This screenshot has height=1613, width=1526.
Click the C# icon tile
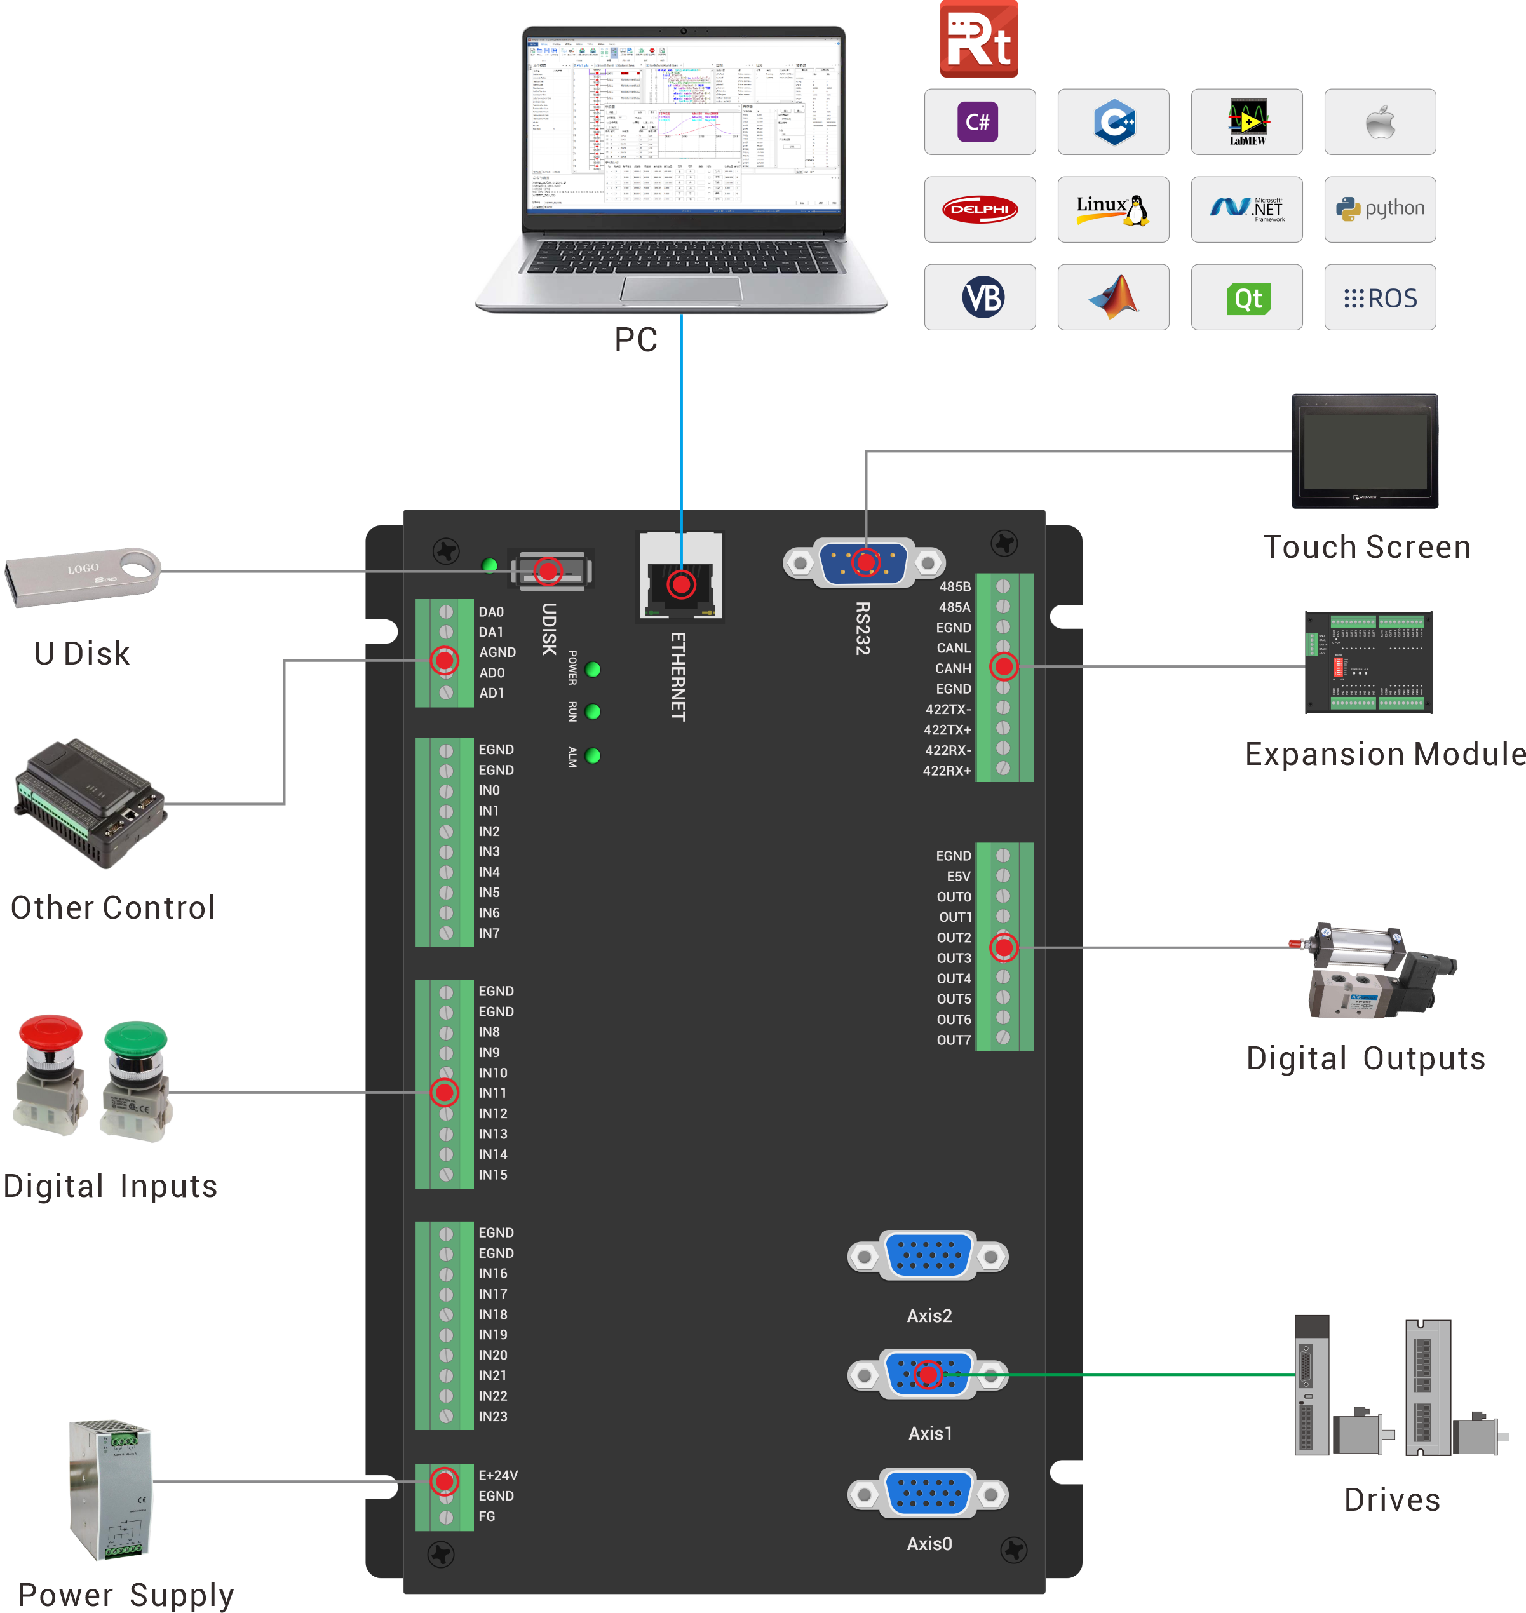pyautogui.click(x=980, y=122)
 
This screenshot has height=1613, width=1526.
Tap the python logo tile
pyautogui.click(x=1380, y=209)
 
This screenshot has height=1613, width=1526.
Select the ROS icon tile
pyautogui.click(x=1380, y=298)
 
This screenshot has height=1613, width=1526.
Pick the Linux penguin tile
pyautogui.click(x=1113, y=209)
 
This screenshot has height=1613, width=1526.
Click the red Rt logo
pyautogui.click(x=978, y=38)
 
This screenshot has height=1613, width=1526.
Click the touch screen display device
pyautogui.click(x=1364, y=452)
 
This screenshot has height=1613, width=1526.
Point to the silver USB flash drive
pyautogui.click(x=81, y=576)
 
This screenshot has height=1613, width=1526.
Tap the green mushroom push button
pyautogui.click(x=135, y=1078)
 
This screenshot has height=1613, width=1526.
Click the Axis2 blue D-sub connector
pyautogui.click(x=928, y=1256)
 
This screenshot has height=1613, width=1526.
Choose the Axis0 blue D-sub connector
pyautogui.click(x=928, y=1494)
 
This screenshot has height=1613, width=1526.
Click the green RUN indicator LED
pyautogui.click(x=593, y=712)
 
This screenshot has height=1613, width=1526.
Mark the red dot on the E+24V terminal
pyautogui.click(x=444, y=1480)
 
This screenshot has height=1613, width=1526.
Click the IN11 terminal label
pyautogui.click(x=492, y=1093)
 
